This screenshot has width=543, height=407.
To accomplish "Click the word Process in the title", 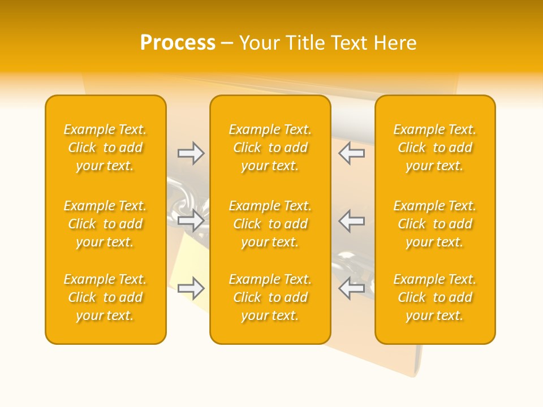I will (178, 43).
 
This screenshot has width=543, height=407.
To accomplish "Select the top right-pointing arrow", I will (191, 153).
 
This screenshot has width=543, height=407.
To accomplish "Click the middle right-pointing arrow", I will (191, 221).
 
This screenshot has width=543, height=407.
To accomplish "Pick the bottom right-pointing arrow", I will (191, 289).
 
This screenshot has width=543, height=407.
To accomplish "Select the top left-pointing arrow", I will (351, 153).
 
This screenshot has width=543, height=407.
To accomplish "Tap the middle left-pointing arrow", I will (351, 221).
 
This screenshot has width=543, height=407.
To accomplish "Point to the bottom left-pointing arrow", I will (351, 289).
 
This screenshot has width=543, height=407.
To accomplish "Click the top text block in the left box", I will (105, 148).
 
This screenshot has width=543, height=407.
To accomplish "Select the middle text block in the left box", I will (105, 224).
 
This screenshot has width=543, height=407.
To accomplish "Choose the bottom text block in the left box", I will (105, 297).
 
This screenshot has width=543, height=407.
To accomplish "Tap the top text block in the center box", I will (270, 148).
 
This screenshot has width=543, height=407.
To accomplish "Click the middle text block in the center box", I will (270, 224).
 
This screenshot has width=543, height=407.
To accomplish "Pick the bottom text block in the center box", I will (270, 297).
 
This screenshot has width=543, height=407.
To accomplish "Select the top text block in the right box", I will (435, 148).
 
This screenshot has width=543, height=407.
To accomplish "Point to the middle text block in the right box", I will (435, 224).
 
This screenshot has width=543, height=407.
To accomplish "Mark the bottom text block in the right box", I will (435, 297).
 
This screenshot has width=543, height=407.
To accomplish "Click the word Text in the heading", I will (351, 43).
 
